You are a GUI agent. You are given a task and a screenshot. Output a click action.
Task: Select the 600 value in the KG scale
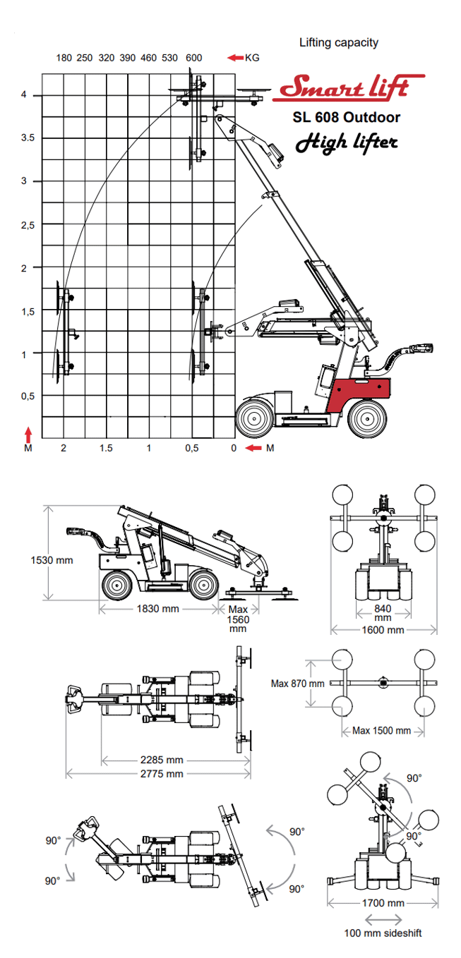(194, 58)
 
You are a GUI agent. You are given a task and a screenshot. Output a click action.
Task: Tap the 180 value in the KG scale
(64, 58)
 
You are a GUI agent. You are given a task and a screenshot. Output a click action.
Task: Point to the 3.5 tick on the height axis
(28, 138)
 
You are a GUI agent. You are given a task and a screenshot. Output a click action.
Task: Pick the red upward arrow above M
(28, 431)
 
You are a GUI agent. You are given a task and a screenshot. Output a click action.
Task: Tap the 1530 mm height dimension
(52, 560)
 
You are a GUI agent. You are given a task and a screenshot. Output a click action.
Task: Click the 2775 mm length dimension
(160, 774)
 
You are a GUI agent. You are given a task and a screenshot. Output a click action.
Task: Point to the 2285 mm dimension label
(160, 760)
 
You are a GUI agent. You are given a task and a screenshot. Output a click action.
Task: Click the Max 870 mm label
(297, 683)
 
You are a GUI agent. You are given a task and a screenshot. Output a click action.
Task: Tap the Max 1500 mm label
(381, 730)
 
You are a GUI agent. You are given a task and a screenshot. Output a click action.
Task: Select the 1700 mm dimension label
(381, 903)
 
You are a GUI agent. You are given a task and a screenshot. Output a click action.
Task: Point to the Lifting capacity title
(339, 42)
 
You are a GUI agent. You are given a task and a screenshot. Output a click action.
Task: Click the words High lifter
(346, 142)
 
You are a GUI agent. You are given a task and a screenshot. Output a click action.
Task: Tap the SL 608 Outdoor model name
(346, 117)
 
